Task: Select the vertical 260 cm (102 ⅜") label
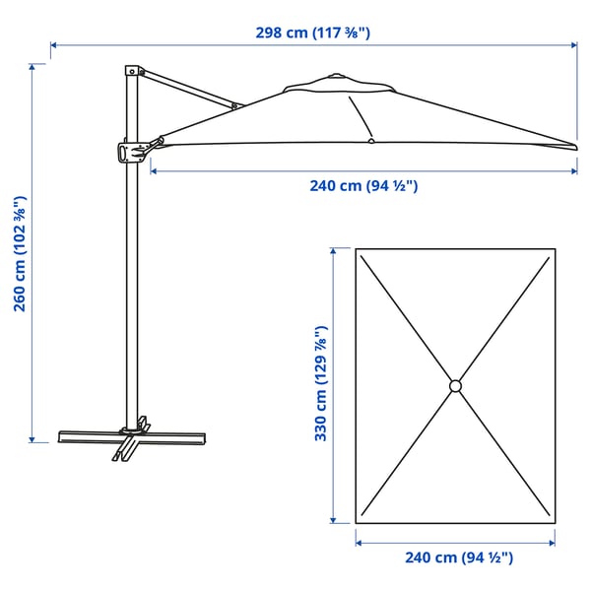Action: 20,254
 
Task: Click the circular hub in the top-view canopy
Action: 455,385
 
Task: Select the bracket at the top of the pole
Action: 133,73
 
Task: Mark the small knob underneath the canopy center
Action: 370,143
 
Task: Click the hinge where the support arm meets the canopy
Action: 234,104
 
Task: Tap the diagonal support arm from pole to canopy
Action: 187,89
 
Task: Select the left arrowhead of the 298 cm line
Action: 53,44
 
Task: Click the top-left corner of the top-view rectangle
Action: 357,250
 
